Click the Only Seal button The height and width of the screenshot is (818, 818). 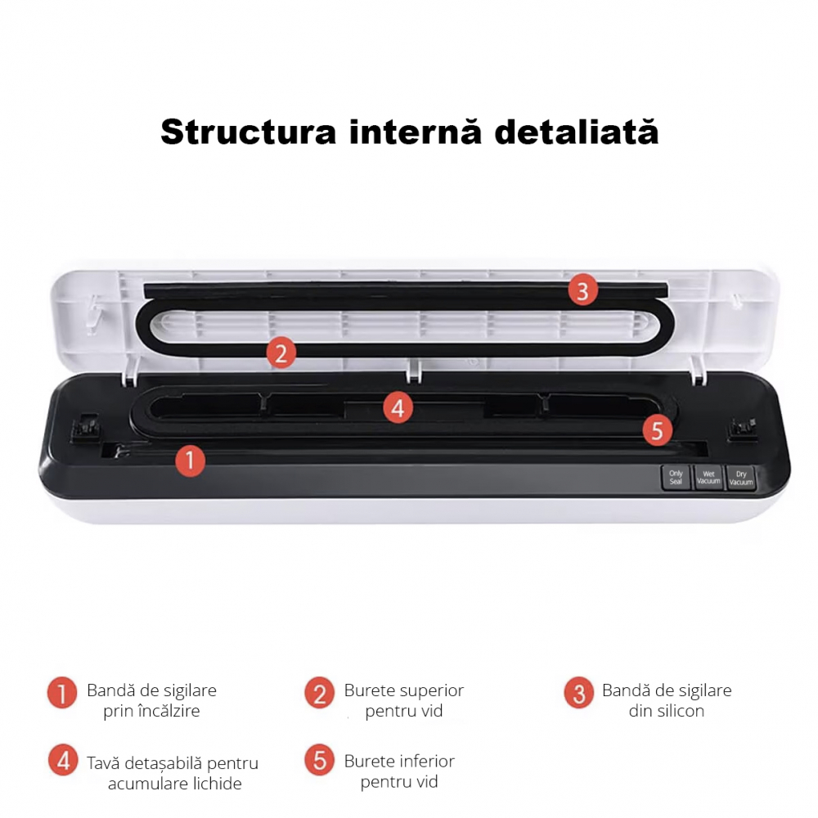(676, 478)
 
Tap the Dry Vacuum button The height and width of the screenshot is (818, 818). (740, 479)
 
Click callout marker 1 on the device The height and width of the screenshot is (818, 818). (190, 461)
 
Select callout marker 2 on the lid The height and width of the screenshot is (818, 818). (281, 353)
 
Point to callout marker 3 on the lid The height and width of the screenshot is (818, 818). (582, 290)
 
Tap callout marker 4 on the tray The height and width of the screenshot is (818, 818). (398, 407)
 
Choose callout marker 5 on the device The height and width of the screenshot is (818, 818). (658, 430)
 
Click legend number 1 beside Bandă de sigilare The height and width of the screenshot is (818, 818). (62, 693)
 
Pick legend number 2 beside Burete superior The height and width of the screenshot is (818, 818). (319, 694)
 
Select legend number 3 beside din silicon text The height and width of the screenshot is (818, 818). (578, 694)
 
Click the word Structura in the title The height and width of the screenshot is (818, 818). (248, 132)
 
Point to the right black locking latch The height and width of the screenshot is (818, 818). (743, 428)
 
